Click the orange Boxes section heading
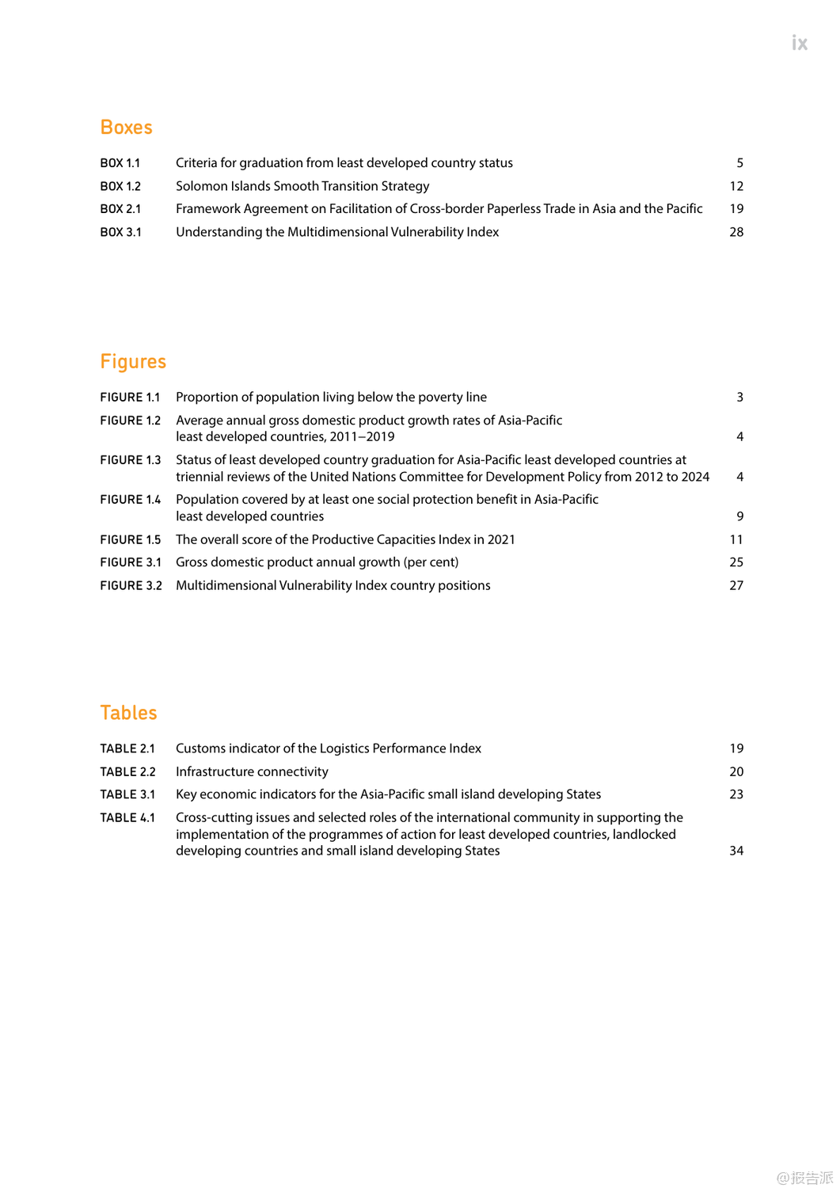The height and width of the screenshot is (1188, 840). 126,128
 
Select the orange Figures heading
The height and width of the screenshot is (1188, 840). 133,362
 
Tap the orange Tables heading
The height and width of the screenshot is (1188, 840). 128,713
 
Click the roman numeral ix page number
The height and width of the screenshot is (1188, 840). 800,44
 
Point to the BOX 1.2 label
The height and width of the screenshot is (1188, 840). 120,186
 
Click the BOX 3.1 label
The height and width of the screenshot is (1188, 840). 120,232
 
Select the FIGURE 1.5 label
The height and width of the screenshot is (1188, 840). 130,539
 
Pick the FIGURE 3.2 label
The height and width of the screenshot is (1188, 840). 131,585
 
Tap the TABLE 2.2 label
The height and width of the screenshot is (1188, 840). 127,771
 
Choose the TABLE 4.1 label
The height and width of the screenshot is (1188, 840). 127,817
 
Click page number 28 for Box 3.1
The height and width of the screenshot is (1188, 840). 736,232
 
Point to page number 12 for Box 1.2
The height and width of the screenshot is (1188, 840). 736,186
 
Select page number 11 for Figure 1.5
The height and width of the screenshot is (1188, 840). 736,539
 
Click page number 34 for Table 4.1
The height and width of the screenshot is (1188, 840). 736,851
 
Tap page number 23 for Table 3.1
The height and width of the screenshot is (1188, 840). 736,794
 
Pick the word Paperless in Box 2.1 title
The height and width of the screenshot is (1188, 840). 515,209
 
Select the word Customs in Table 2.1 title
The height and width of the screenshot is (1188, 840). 200,748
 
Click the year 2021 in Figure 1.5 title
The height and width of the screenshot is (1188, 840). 501,539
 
